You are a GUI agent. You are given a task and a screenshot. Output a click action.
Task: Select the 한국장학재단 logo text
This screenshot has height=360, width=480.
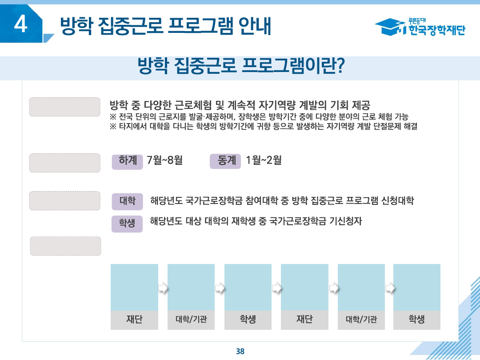coord(436,30)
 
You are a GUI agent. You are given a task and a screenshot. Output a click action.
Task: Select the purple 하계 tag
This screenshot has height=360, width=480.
coord(128,161)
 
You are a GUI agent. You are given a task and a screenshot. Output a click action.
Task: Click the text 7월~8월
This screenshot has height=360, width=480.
coord(165,160)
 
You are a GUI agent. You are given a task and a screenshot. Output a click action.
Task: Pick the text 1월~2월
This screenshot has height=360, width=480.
coord(264,160)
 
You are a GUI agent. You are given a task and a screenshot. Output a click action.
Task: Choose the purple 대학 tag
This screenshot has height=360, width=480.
coord(127,201)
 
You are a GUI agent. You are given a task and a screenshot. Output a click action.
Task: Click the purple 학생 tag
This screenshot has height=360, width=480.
coord(127,223)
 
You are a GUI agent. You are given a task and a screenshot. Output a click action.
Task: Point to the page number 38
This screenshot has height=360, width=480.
coord(240,351)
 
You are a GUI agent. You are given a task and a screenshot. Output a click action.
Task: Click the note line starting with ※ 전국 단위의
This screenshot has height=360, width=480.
coord(259,117)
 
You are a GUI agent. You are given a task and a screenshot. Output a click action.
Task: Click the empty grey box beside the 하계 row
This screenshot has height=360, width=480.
coord(65,163)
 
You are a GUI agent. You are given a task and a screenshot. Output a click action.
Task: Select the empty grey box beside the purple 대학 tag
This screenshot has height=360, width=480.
coord(65,201)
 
